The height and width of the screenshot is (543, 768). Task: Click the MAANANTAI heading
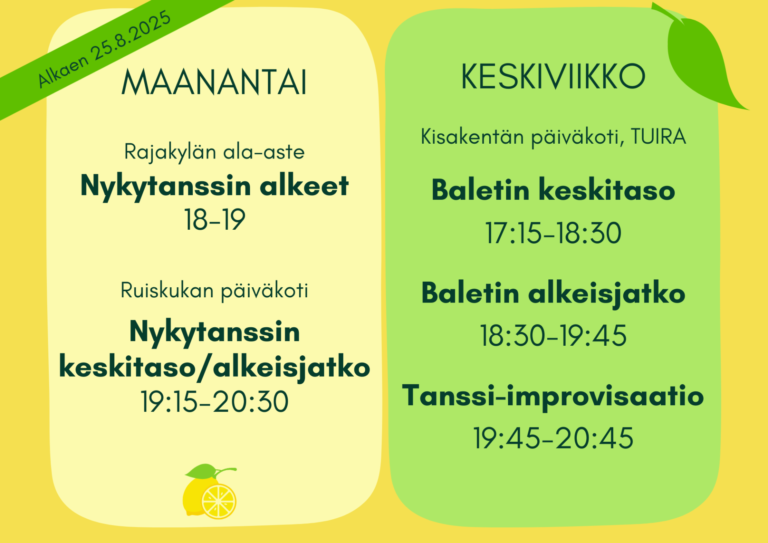pyautogui.click(x=214, y=82)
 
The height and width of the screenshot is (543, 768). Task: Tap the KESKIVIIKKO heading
pyautogui.click(x=553, y=76)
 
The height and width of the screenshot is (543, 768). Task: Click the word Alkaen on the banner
pyautogui.click(x=63, y=71)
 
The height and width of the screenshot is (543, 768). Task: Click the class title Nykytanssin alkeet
pyautogui.click(x=214, y=186)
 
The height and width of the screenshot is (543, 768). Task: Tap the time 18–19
pyautogui.click(x=214, y=220)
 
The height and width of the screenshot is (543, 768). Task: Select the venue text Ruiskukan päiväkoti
pyautogui.click(x=214, y=291)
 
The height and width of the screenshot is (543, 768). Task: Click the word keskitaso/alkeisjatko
pyautogui.click(x=214, y=367)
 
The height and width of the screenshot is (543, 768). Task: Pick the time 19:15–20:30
pyautogui.click(x=214, y=402)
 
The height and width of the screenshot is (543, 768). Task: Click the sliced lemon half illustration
pyautogui.click(x=218, y=501)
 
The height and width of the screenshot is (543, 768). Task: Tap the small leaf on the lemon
pyautogui.click(x=201, y=471)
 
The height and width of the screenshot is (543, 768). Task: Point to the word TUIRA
pyautogui.click(x=658, y=136)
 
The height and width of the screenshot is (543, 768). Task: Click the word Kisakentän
pyautogui.click(x=472, y=136)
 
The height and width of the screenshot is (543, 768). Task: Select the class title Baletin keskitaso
pyautogui.click(x=553, y=190)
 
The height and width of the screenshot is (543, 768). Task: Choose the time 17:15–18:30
pyautogui.click(x=553, y=233)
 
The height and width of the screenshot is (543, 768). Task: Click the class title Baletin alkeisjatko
pyautogui.click(x=553, y=294)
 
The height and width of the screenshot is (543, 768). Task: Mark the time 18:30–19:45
pyautogui.click(x=553, y=335)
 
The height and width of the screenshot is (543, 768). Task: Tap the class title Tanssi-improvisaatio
pyautogui.click(x=553, y=396)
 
